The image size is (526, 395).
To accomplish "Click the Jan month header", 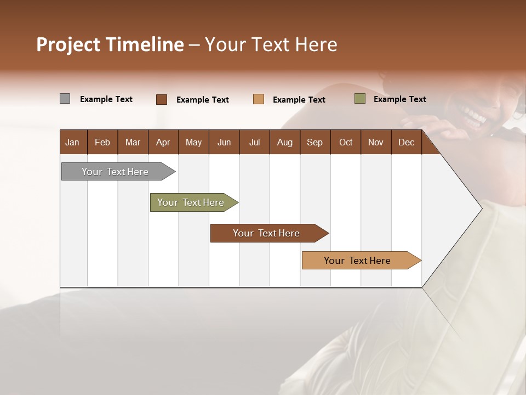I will [x=72, y=143].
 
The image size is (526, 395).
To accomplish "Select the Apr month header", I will [x=163, y=143].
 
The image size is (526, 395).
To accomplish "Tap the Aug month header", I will [x=284, y=143].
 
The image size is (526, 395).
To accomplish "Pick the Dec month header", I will [x=406, y=143].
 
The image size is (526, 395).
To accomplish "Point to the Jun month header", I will [x=224, y=143].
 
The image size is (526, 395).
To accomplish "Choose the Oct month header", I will [x=345, y=143].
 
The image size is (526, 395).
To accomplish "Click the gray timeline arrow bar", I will [x=115, y=172].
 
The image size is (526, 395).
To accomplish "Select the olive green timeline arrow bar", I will [x=191, y=202].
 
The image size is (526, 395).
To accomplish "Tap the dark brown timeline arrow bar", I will [x=266, y=233].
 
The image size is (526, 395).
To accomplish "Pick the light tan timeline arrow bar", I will [x=357, y=261].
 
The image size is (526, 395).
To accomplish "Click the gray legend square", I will [x=65, y=99].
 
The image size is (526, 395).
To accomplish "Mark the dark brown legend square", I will [x=161, y=99].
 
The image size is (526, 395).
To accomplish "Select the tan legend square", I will [x=258, y=99].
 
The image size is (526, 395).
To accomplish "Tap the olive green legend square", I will [x=359, y=99].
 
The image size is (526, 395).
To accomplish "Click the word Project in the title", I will [x=69, y=44].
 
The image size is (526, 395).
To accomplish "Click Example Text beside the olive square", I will [x=399, y=99].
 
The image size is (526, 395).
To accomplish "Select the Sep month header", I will [x=315, y=143].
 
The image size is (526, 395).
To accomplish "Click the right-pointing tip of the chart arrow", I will [x=481, y=208].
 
